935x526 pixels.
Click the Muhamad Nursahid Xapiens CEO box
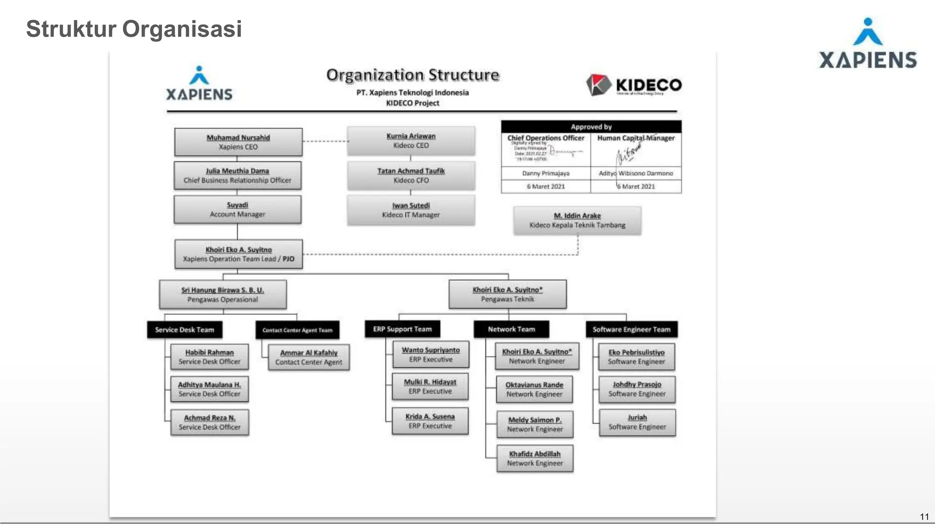tap(238, 142)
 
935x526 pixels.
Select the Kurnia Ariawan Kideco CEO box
tap(411, 141)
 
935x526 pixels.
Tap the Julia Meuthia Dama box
tap(237, 175)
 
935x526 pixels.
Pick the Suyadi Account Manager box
tap(237, 209)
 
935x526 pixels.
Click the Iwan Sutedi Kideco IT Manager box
tap(411, 210)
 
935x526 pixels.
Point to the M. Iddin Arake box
tap(577, 220)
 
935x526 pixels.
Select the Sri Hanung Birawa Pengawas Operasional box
tap(223, 295)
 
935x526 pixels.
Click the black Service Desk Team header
tap(184, 329)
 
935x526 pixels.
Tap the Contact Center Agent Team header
tap(297, 330)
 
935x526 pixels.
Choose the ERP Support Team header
tap(402, 329)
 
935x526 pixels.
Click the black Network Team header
tap(511, 329)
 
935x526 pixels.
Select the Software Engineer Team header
tap(631, 329)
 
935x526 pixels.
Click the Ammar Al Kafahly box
tap(309, 357)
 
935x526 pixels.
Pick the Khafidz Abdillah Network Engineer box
tap(535, 458)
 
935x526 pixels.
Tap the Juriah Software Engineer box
tap(637, 422)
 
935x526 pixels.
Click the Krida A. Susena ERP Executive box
tap(430, 421)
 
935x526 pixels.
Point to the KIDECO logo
tap(634, 85)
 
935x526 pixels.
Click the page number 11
tap(924, 516)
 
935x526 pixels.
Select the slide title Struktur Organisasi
tap(134, 29)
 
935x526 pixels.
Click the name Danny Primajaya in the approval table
tap(546, 173)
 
